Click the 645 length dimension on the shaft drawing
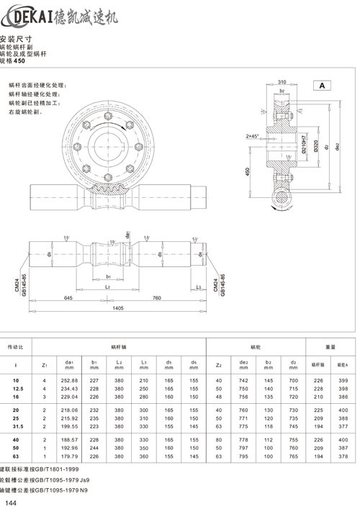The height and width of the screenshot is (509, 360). pyautogui.click(x=68, y=297)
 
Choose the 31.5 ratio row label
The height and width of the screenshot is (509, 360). pyautogui.click(x=16, y=425)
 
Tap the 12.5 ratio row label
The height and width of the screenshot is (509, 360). pyautogui.click(x=16, y=387)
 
